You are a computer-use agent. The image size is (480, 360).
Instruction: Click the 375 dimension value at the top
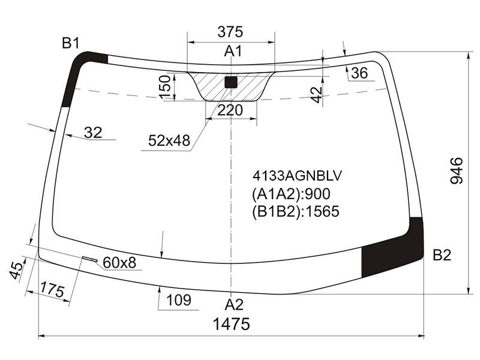[230, 32]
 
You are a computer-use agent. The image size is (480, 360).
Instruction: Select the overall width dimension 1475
[231, 324]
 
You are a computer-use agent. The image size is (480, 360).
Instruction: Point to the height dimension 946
[457, 170]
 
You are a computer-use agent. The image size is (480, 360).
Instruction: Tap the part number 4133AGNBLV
[297, 176]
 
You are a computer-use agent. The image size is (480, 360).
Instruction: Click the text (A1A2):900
[291, 194]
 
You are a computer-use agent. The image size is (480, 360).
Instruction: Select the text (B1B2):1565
[296, 211]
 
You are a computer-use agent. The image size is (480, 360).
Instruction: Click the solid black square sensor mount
[231, 82]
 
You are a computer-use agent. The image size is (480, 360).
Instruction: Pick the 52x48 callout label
[169, 140]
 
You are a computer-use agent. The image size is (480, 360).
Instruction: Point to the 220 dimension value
[230, 110]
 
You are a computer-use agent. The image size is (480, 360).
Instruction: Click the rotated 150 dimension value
[165, 87]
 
